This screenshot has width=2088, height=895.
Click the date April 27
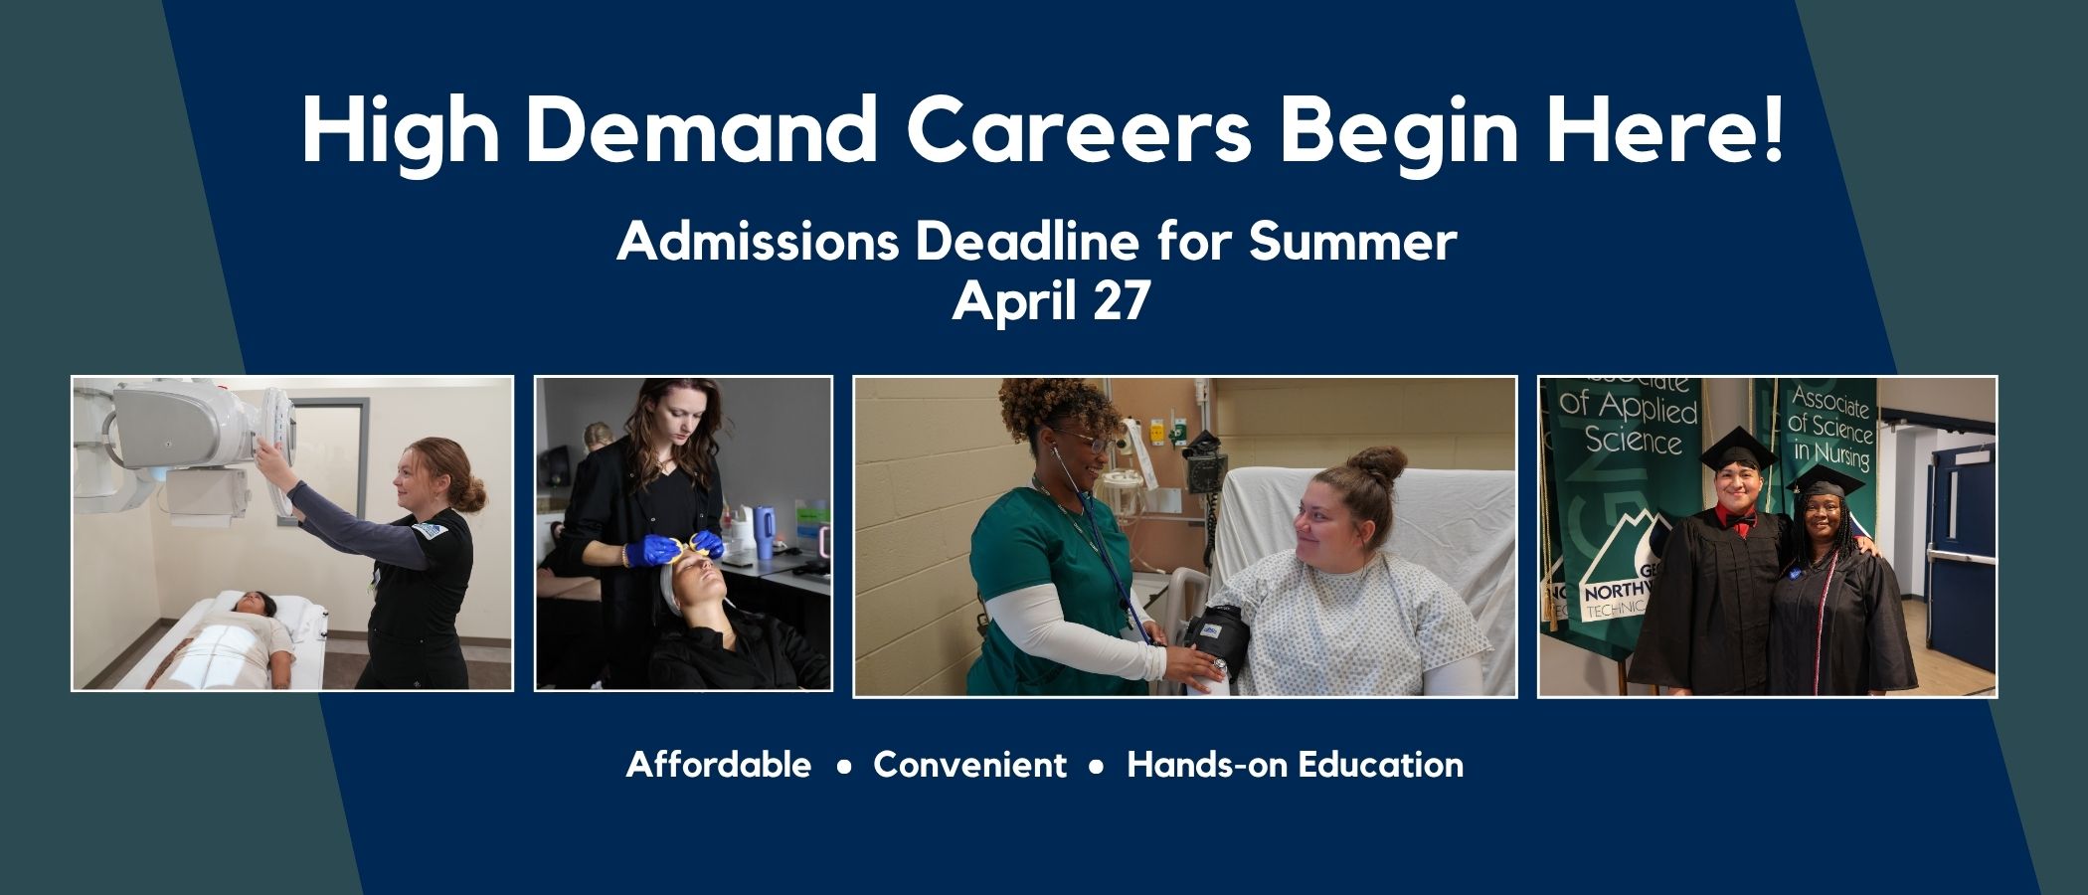coord(1051,300)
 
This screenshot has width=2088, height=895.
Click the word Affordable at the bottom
coord(718,765)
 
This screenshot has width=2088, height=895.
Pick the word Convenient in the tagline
coord(969,765)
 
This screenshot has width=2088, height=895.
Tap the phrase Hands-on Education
coord(1295,765)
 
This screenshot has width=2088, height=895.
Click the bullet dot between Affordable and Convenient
coord(844,767)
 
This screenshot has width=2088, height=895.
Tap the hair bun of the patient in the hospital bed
coord(1380,463)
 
